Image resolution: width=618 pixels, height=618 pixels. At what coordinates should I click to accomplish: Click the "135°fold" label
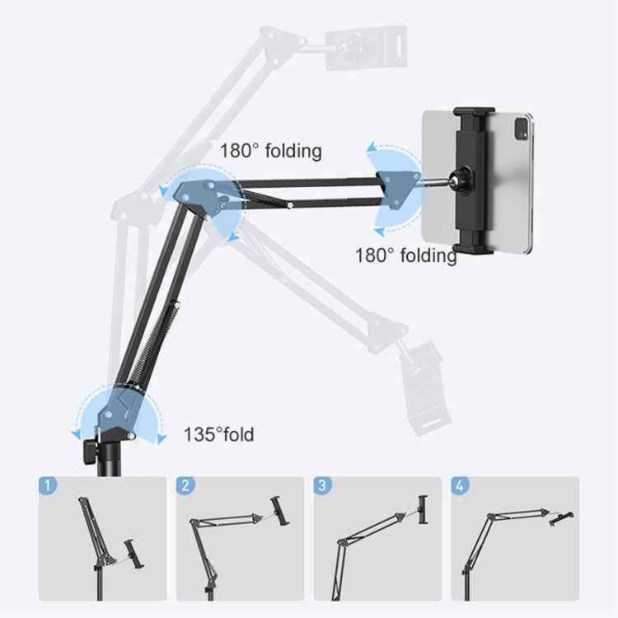coord(218,434)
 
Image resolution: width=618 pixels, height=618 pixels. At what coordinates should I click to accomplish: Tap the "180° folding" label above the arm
coord(270,151)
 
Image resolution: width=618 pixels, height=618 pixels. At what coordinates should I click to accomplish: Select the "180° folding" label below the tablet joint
coord(405,255)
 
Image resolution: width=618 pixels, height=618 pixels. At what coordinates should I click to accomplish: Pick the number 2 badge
coord(185,485)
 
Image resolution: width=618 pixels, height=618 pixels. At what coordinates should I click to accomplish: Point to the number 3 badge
coord(323,485)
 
